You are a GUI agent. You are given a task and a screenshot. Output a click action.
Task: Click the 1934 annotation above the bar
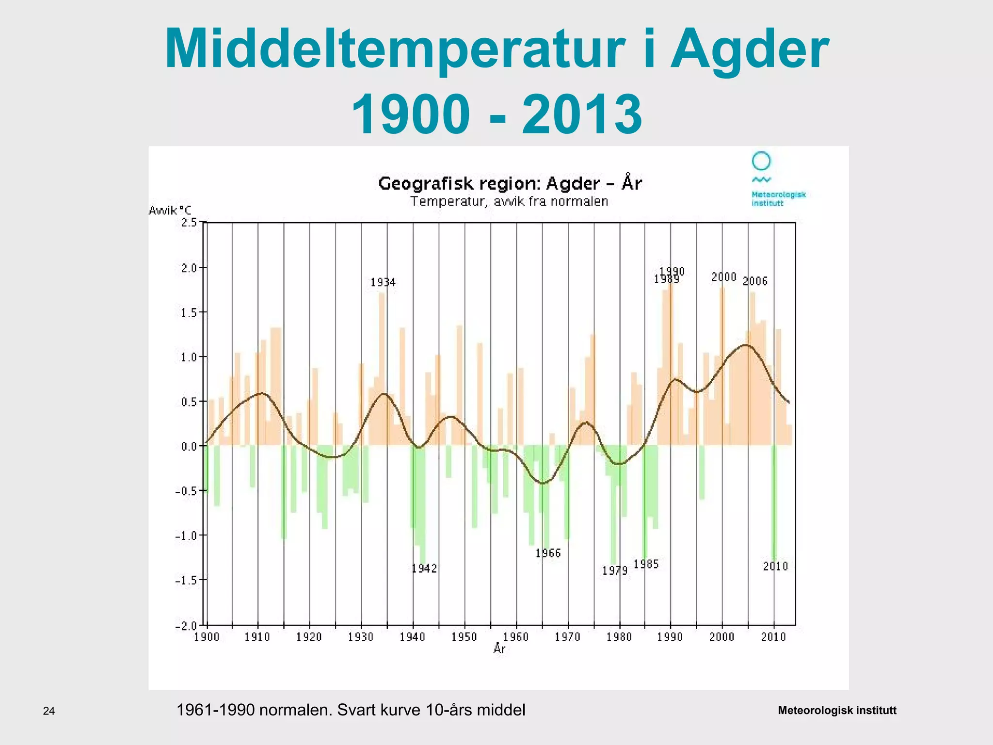pos(383,282)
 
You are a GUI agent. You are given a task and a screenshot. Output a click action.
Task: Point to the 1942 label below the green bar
pos(424,568)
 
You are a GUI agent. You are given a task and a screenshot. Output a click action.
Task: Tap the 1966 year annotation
pos(548,553)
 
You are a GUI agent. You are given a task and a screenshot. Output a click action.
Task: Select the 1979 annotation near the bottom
pos(615,571)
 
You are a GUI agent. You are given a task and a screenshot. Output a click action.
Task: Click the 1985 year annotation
pos(646,564)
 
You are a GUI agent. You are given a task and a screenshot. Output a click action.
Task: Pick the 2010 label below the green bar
pos(775,566)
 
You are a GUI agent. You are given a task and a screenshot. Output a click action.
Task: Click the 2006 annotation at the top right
pos(755,281)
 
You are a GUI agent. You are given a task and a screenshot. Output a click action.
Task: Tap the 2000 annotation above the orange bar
pos(723,277)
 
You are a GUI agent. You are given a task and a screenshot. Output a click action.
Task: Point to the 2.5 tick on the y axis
pos(189,223)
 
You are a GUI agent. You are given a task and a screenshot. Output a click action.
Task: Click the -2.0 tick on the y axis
pos(186,626)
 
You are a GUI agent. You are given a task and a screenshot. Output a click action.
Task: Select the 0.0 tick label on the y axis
pos(189,446)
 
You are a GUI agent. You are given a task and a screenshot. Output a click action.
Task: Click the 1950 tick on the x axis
pos(464,637)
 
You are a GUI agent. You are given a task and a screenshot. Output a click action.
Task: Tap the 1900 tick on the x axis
pos(207,637)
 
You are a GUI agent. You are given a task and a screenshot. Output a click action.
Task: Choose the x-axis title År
pos(499,648)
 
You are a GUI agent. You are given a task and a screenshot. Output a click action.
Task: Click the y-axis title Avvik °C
pos(170,211)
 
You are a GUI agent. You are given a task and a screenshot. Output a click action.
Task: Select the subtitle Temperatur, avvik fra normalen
pos(509,201)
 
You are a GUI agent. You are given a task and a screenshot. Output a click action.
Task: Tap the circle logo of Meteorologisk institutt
pos(761,161)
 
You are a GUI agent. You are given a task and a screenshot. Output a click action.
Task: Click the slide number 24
pos(49,712)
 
